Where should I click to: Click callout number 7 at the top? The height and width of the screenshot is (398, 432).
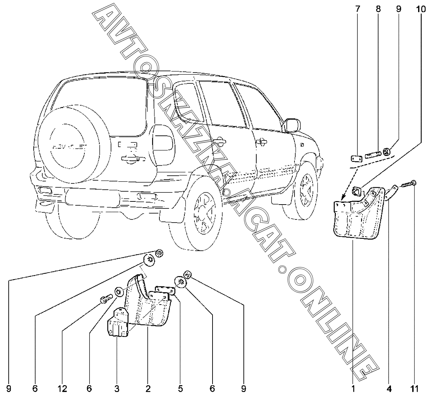point(358,9)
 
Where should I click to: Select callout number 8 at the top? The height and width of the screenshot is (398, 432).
point(378,9)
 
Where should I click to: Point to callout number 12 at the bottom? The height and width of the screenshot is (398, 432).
point(63,388)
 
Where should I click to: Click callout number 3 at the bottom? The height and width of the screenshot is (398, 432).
point(117,388)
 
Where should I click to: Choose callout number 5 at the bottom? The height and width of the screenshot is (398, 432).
point(180,388)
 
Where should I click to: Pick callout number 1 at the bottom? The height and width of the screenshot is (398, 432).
point(353,388)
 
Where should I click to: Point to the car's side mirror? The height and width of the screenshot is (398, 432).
point(292,125)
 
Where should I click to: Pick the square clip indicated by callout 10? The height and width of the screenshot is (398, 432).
point(357,190)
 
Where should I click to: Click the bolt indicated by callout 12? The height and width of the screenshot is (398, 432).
point(106,299)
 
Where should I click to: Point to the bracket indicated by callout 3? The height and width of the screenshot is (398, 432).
point(118,324)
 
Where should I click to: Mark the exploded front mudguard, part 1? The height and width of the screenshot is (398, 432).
point(356,215)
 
